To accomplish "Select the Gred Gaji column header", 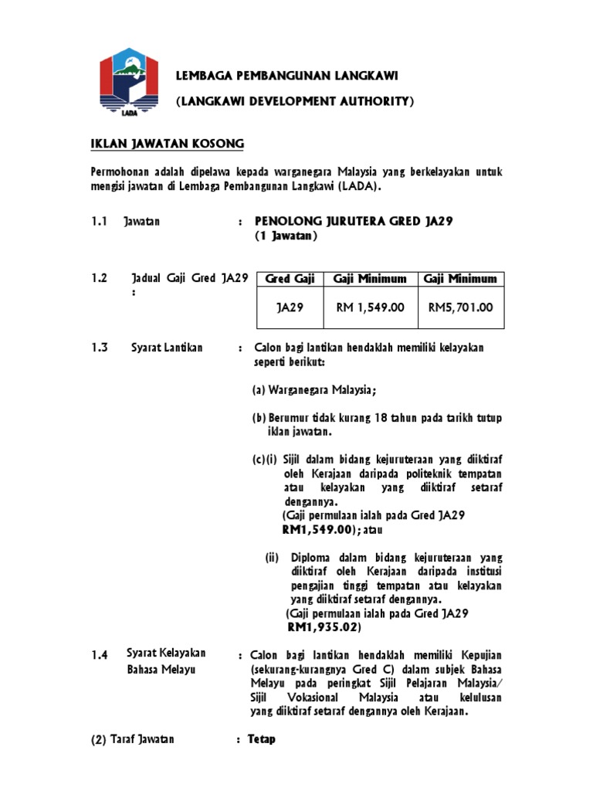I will pos(285,279).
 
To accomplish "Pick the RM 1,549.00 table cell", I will pos(370,307).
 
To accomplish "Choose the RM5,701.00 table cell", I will pos(460,307).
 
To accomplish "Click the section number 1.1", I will pos(97,222).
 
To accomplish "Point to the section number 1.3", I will pos(97,348).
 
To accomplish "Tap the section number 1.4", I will pos(98,655).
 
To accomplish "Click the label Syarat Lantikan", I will pos(167,348).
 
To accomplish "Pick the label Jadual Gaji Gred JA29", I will pos(189,278).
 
